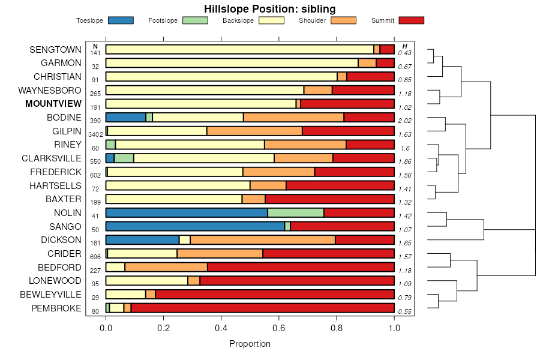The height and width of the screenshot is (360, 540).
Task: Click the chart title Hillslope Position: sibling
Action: point(269,9)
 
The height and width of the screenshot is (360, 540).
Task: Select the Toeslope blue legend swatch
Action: point(121,20)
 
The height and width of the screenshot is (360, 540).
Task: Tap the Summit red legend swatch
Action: point(412,20)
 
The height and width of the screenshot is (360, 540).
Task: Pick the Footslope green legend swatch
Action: point(196,20)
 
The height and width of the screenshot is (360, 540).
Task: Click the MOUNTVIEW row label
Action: point(53,104)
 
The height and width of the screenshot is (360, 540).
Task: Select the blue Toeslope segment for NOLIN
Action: point(187,212)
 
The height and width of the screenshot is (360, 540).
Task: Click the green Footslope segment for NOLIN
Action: point(296,212)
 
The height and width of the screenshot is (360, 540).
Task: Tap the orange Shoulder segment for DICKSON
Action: point(263,240)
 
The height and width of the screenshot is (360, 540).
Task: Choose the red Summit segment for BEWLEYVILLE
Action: point(275,294)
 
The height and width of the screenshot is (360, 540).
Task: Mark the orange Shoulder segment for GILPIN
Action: point(254,131)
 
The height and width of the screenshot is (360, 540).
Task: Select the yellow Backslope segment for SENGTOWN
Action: point(240,49)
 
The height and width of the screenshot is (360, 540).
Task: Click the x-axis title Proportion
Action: point(250,344)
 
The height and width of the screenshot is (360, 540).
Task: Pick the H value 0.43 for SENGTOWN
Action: point(404,53)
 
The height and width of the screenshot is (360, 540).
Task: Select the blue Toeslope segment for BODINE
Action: point(126,118)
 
